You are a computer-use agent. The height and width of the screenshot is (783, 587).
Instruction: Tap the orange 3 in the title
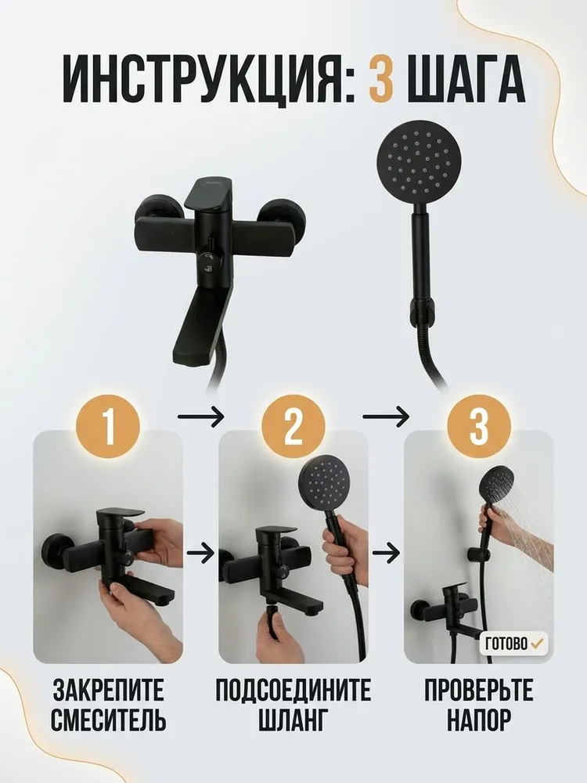[381, 79]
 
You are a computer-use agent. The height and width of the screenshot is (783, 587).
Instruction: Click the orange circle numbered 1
[108, 426]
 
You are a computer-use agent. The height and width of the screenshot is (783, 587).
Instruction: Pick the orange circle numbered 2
[293, 426]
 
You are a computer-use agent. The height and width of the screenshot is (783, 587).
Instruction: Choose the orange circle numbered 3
[479, 426]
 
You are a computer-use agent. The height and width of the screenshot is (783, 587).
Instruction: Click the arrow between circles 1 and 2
[200, 417]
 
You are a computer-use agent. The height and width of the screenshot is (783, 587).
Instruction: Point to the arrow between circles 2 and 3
[386, 417]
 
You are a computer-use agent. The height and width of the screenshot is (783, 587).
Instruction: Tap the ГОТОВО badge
[513, 643]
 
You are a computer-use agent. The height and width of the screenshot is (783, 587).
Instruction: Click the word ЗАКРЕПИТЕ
[108, 690]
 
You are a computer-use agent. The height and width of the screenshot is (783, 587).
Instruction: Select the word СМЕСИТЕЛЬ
[108, 720]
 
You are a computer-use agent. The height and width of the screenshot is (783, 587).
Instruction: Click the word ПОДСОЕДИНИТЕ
[293, 690]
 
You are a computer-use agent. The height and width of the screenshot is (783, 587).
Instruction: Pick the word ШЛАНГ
[293, 720]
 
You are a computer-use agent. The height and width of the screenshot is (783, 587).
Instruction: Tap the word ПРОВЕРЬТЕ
[479, 690]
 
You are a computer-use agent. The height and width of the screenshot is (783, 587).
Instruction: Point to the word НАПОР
[479, 720]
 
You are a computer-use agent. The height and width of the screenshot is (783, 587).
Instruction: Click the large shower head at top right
[418, 164]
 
